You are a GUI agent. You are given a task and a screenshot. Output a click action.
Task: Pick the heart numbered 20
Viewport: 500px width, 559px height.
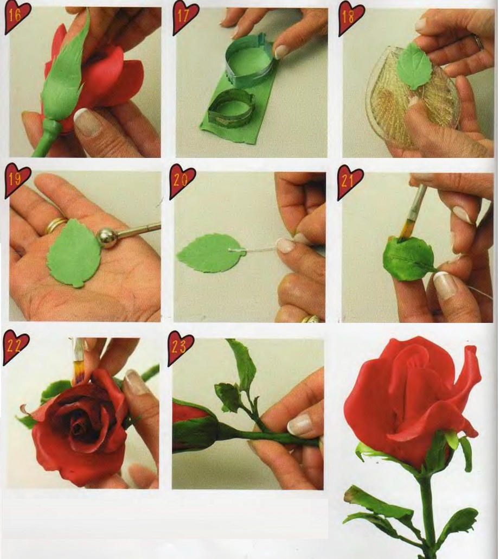click(182, 181)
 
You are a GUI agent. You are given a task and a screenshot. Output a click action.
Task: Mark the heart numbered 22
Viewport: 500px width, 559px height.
click(15, 346)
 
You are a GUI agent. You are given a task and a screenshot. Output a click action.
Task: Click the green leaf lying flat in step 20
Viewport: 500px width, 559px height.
click(207, 253)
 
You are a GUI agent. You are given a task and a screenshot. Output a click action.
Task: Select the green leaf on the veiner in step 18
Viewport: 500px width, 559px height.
click(414, 66)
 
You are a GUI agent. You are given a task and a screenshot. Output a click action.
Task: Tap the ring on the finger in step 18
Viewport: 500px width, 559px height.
click(479, 42)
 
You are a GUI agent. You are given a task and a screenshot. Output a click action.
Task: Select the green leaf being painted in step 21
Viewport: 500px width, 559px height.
click(408, 258)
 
